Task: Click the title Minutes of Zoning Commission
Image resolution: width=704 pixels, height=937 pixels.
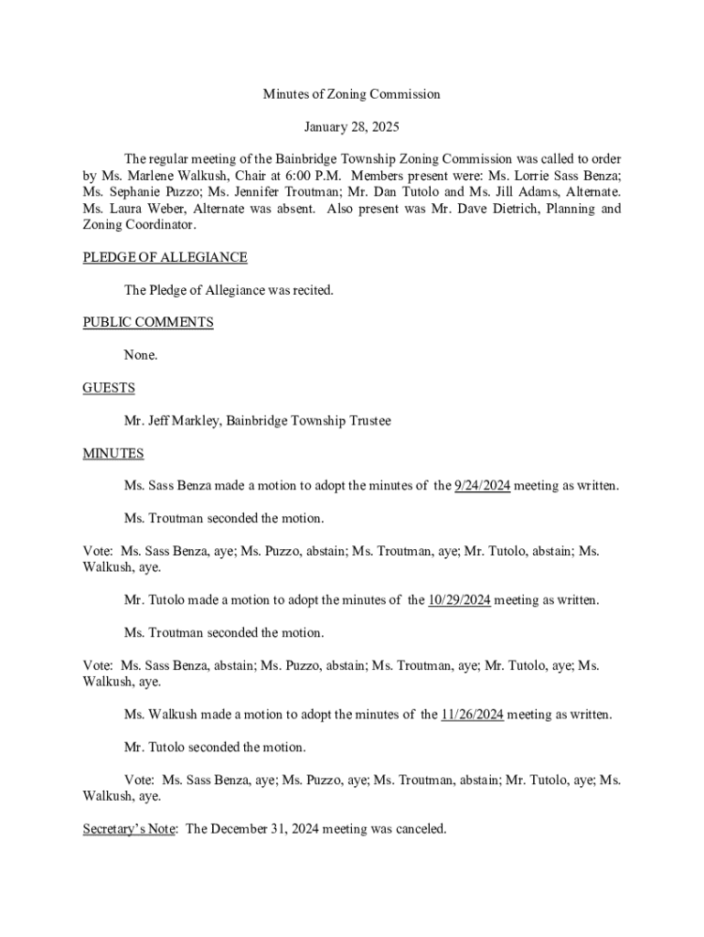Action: [x=352, y=94]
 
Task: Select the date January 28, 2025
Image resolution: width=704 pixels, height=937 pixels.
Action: [x=352, y=126]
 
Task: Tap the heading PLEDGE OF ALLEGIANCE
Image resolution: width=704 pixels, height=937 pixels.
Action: [x=165, y=258]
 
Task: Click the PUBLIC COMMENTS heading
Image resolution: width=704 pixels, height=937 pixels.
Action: [x=148, y=322]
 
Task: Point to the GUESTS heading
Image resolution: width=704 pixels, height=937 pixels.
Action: [x=109, y=388]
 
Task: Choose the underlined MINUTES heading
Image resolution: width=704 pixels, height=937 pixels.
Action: [x=113, y=453]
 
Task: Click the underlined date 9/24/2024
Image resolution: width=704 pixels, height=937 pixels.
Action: [x=482, y=486]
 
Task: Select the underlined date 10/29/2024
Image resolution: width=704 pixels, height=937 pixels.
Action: [x=459, y=600]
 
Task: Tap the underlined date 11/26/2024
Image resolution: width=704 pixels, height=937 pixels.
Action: [x=472, y=715]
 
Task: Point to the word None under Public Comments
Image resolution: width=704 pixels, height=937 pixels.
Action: [x=141, y=355]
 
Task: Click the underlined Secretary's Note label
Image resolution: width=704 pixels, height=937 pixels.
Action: [x=129, y=829]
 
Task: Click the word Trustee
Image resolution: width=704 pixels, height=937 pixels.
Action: [x=368, y=421]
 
